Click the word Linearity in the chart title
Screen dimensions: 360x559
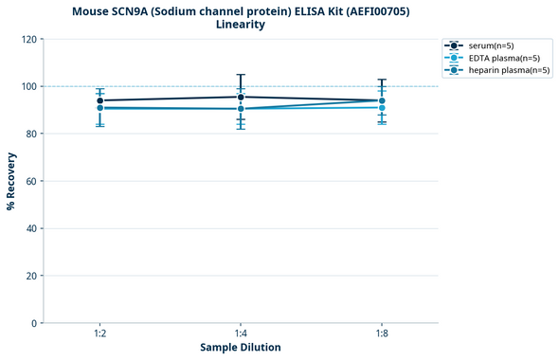(241, 25)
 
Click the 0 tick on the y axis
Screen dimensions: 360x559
(34, 323)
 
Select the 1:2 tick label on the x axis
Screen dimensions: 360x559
(99, 333)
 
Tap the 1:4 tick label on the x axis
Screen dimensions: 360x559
(241, 333)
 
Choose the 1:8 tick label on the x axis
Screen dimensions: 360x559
(382, 333)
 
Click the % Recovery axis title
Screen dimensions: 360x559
(11, 181)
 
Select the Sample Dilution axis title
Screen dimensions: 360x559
(241, 348)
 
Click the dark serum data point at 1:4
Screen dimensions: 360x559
(241, 97)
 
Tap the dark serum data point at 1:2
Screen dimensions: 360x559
(99, 100)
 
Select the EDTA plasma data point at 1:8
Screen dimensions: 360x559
(382, 107)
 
